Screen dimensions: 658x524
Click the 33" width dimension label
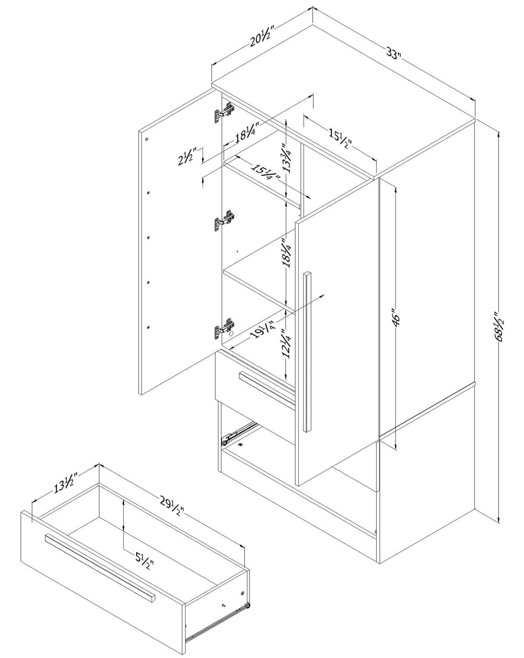tap(394, 54)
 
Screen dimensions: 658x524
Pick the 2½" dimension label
tap(190, 156)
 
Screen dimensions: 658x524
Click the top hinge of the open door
tap(224, 113)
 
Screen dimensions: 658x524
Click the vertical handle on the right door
tap(308, 351)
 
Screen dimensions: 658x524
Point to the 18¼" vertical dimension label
tap(287, 253)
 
